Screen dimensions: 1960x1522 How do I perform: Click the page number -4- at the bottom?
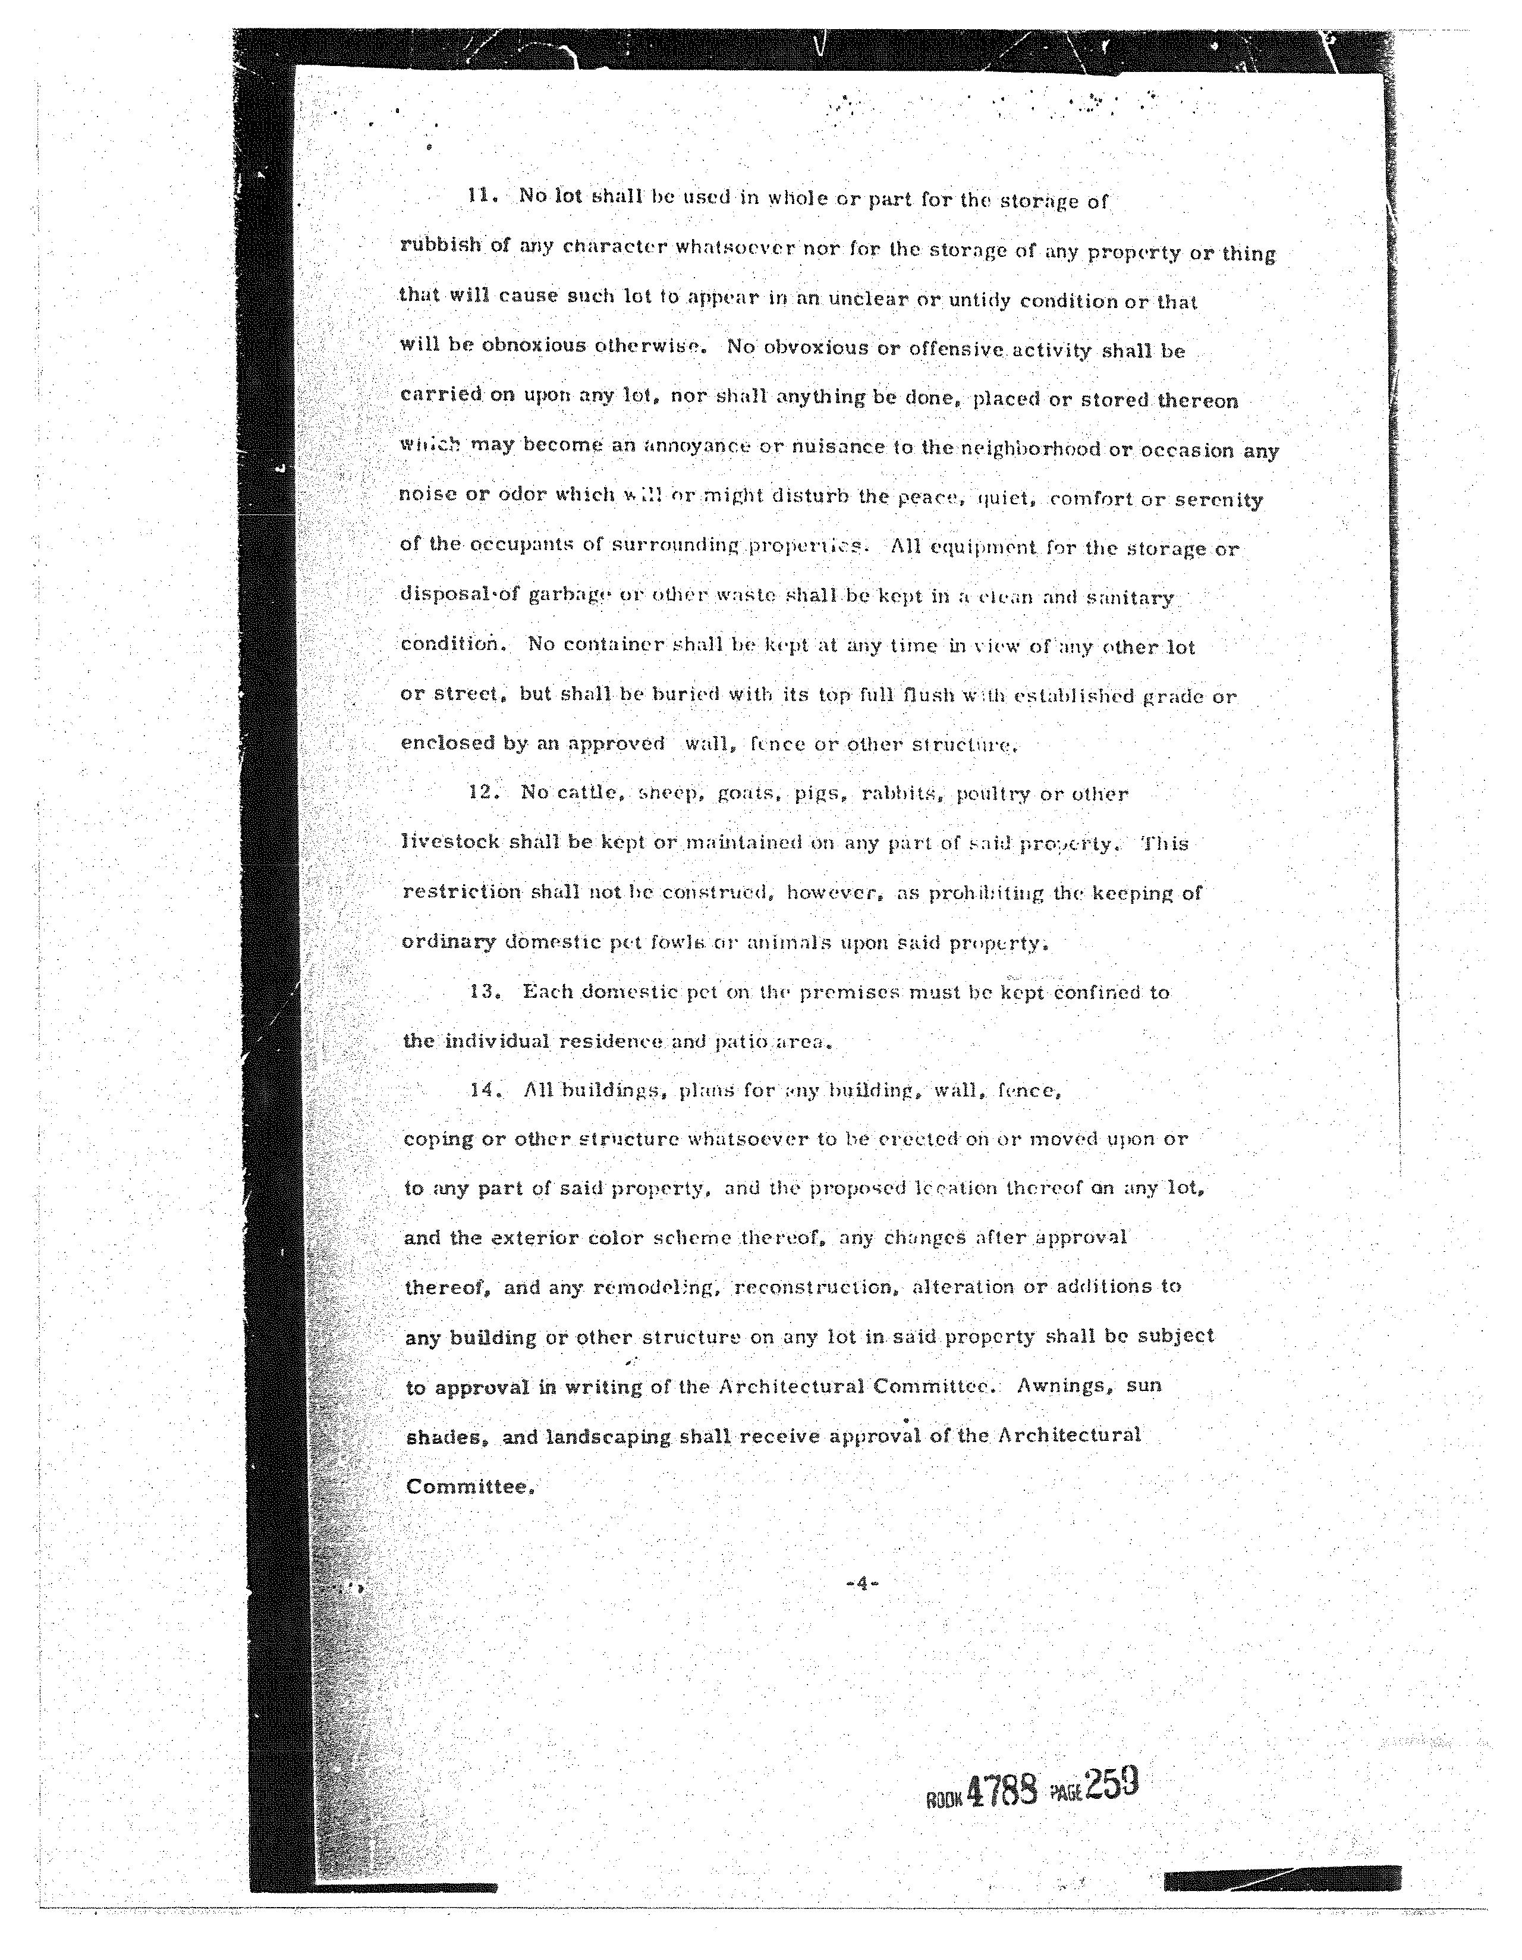861,1583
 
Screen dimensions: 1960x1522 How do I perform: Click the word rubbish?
441,245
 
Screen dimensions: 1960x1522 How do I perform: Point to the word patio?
741,1042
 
